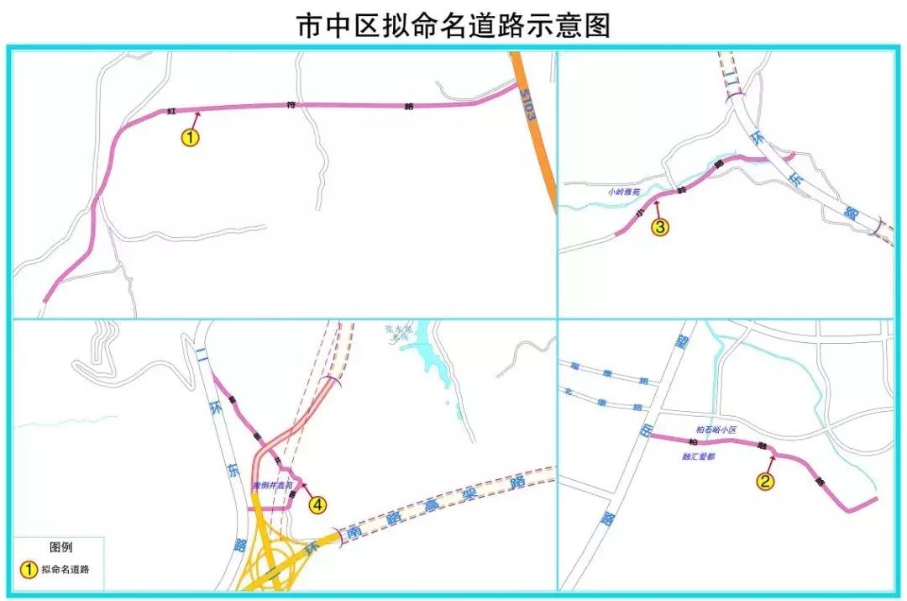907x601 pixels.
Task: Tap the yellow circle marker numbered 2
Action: [765, 481]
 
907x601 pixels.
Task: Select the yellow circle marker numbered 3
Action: [660, 227]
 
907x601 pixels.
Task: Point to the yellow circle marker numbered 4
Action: [317, 504]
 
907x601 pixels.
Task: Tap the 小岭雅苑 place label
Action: [624, 192]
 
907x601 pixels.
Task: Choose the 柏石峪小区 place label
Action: [716, 430]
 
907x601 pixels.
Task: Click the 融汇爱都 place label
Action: [700, 457]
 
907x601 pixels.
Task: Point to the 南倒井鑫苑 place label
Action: [272, 486]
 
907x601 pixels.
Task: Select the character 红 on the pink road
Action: [170, 111]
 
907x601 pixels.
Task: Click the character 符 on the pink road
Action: [291, 105]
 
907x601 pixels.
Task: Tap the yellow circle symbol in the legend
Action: [29, 570]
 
